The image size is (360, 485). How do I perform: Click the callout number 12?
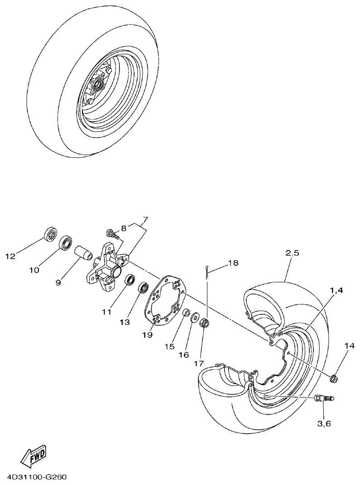10,256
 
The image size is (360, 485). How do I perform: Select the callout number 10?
34,270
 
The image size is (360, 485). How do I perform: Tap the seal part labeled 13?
144,287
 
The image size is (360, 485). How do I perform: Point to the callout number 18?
233,262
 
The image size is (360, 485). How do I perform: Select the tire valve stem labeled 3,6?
323,398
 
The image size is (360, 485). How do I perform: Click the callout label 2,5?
293,253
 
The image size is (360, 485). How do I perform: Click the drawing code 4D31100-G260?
37,477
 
